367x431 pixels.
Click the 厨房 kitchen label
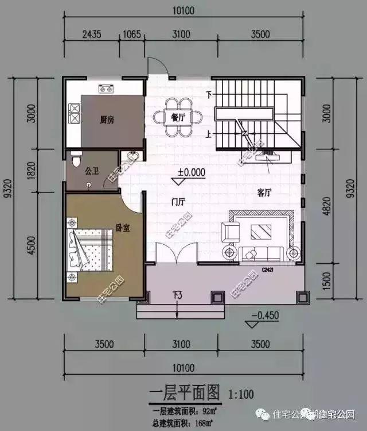coord(107,120)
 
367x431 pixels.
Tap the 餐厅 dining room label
coord(178,117)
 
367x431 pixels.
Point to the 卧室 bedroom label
coord(123,228)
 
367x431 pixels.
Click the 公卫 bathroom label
coord(92,171)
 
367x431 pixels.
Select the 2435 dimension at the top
coord(92,34)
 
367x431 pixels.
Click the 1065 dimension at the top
coord(132,34)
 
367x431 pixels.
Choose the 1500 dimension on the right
coord(326,282)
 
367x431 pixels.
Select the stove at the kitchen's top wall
coord(106,89)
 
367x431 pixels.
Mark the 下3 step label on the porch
coord(178,295)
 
